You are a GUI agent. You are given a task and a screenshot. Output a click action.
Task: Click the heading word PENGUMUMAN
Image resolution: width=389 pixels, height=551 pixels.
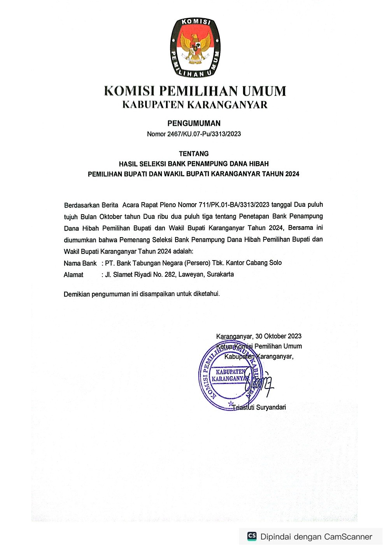[194, 123]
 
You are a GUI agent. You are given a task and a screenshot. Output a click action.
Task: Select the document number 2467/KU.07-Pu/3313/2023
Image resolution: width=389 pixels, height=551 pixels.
[204, 134]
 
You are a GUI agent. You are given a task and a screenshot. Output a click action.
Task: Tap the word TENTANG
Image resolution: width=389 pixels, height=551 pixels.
[194, 154]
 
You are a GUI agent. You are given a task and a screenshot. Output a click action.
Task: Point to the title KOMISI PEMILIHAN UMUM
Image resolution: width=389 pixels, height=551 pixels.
[195, 91]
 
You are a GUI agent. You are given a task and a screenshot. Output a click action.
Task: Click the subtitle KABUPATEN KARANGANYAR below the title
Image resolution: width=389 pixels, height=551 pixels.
[195, 105]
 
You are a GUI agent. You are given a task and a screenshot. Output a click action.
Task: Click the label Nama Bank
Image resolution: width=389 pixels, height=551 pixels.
[80, 264]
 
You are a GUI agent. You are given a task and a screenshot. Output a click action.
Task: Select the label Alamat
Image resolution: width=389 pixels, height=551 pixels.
[74, 275]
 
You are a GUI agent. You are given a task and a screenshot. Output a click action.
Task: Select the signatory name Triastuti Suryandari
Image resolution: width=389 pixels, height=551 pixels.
[259, 407]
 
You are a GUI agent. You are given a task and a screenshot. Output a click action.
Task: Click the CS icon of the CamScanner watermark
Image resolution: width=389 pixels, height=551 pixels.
[252, 536]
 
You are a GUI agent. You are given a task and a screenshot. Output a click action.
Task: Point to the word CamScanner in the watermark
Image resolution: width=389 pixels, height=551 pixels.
[348, 537]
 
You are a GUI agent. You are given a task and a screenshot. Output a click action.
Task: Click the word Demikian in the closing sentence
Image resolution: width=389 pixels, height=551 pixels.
[77, 294]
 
